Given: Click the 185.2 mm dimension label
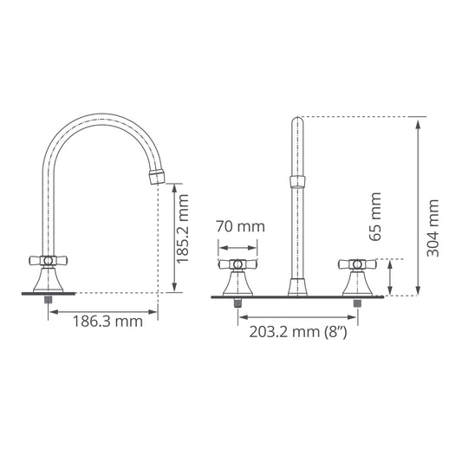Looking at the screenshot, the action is coord(182,229).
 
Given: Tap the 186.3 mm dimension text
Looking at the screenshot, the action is coord(107,322).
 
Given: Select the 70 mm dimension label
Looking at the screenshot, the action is coord(240,226).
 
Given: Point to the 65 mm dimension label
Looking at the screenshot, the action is coord(375,217).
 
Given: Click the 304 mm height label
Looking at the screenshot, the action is coord(433,228).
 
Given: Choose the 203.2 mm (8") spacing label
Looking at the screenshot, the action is coord(298,332).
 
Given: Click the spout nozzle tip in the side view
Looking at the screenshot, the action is coord(157,177).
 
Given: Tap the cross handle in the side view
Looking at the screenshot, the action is coord(49,260).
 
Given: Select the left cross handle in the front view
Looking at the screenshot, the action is coord(238,264).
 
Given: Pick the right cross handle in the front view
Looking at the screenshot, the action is coord(357,264).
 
